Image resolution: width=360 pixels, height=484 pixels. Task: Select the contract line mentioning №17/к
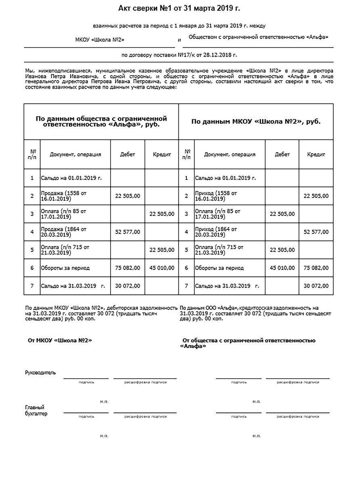tap(179, 55)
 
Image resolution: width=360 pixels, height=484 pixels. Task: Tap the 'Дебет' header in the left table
tap(128, 154)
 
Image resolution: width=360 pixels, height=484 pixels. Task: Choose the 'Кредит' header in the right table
tap(316, 154)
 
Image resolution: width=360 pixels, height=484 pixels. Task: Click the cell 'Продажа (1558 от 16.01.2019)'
tap(63, 196)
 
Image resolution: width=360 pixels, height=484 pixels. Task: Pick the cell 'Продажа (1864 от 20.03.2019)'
tap(63, 232)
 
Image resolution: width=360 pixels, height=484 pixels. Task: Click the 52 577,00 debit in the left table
tap(128, 232)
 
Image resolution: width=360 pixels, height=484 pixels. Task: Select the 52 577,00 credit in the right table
tap(316, 232)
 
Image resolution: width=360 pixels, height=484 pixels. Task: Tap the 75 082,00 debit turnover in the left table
tap(128, 267)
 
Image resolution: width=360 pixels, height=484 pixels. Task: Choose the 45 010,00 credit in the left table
tap(161, 267)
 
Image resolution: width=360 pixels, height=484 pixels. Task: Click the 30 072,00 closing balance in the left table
tap(128, 286)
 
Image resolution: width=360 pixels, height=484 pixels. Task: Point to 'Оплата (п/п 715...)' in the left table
tap(63, 249)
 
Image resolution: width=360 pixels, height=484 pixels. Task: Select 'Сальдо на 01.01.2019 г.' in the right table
tap(225, 177)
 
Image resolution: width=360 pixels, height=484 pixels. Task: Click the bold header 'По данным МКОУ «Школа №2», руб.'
tap(256, 121)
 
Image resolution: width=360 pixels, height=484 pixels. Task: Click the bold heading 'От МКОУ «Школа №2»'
tap(60, 340)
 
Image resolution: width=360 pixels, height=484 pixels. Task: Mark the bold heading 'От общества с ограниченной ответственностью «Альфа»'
tap(249, 343)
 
